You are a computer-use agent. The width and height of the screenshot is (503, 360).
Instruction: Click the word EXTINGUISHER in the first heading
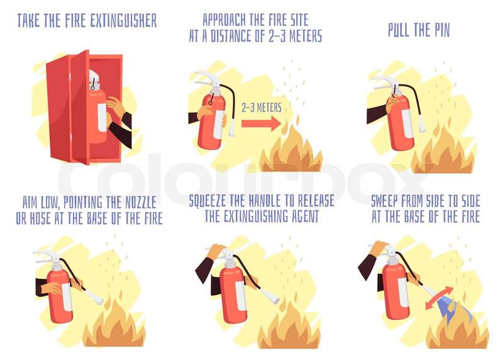coord(123,21)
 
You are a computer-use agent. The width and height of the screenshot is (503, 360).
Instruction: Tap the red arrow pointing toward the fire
coord(261,123)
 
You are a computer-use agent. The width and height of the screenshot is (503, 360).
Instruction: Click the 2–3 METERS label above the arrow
coord(262,108)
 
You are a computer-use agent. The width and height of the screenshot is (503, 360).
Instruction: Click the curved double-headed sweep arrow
coord(439,298)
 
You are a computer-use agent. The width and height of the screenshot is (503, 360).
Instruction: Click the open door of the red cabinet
coord(80,108)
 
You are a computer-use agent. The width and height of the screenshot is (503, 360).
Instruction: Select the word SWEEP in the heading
coord(385,201)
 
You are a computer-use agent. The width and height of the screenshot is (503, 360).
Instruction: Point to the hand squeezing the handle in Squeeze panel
coord(217,250)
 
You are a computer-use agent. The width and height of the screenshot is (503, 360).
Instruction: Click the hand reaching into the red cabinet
coord(116,107)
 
